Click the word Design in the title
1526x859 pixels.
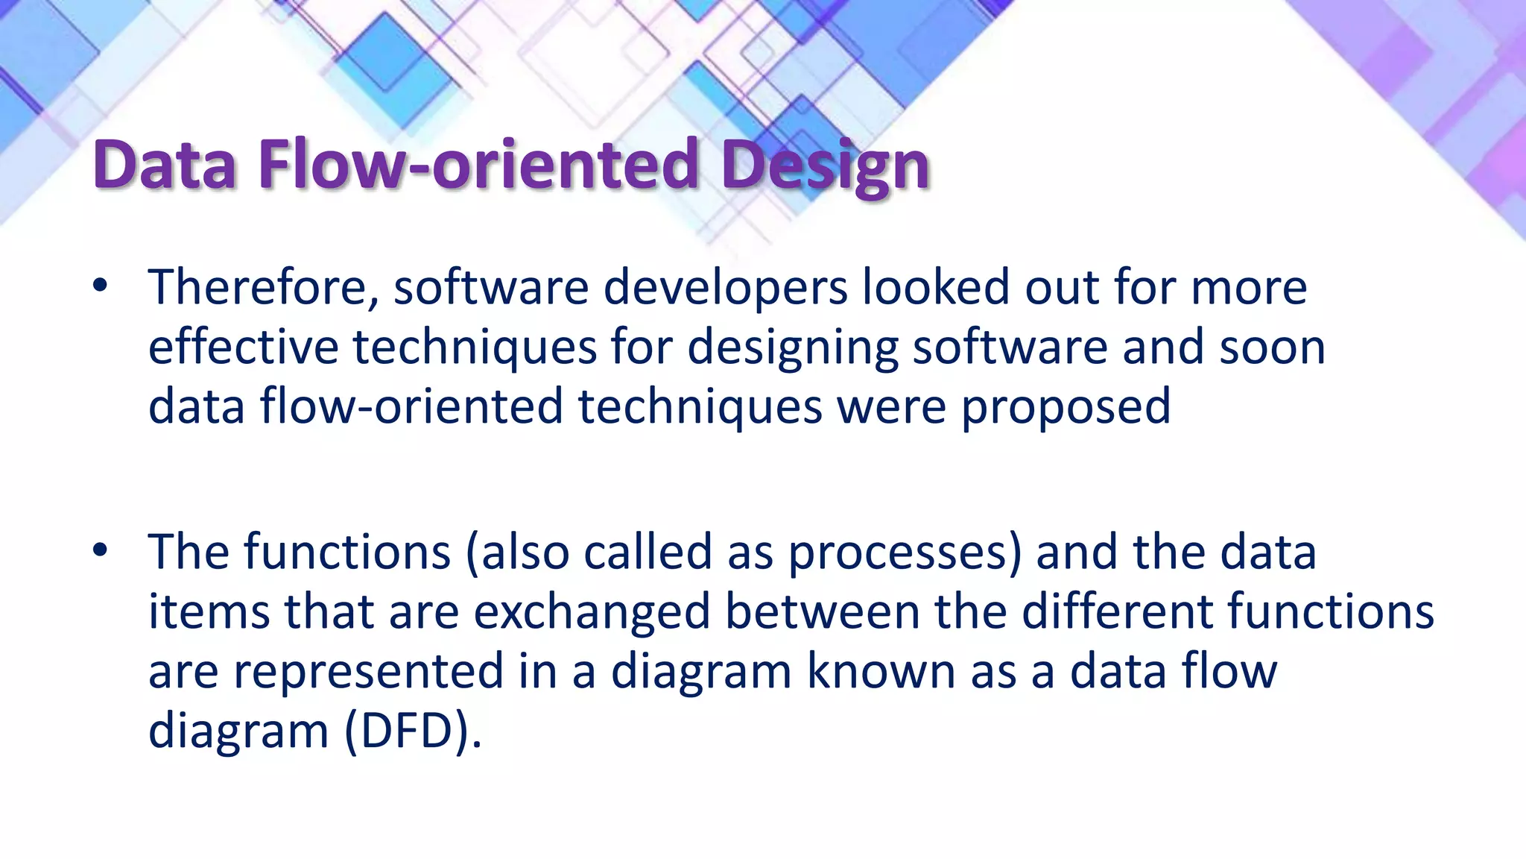click(x=825, y=166)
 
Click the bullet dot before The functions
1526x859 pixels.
click(x=101, y=552)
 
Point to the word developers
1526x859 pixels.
click(x=725, y=289)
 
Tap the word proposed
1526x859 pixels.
click(x=1066, y=407)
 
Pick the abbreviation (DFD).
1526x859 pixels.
click(x=413, y=731)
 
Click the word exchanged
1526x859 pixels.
click(x=592, y=612)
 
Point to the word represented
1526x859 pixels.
click(x=369, y=671)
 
